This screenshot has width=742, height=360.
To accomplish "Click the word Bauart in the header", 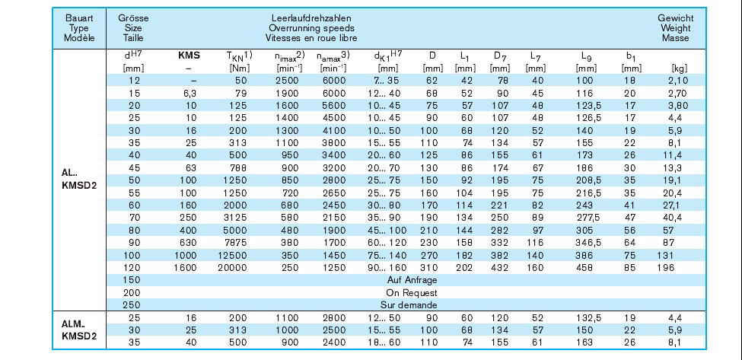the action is click(79, 18).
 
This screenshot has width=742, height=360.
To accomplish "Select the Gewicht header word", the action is click(675, 18).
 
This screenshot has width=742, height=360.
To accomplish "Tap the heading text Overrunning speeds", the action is click(311, 28).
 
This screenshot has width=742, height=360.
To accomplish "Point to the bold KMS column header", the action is click(189, 56).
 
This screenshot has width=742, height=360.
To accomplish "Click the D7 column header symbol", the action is click(500, 56).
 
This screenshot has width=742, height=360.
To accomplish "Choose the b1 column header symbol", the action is click(631, 56).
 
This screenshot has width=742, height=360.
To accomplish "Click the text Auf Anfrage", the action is click(412, 279).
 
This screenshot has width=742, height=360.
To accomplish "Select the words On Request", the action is click(412, 293).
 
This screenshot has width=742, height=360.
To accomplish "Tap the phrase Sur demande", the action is click(409, 305).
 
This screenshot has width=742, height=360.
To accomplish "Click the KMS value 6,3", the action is click(189, 93).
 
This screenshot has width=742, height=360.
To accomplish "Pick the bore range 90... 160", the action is click(387, 267).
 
